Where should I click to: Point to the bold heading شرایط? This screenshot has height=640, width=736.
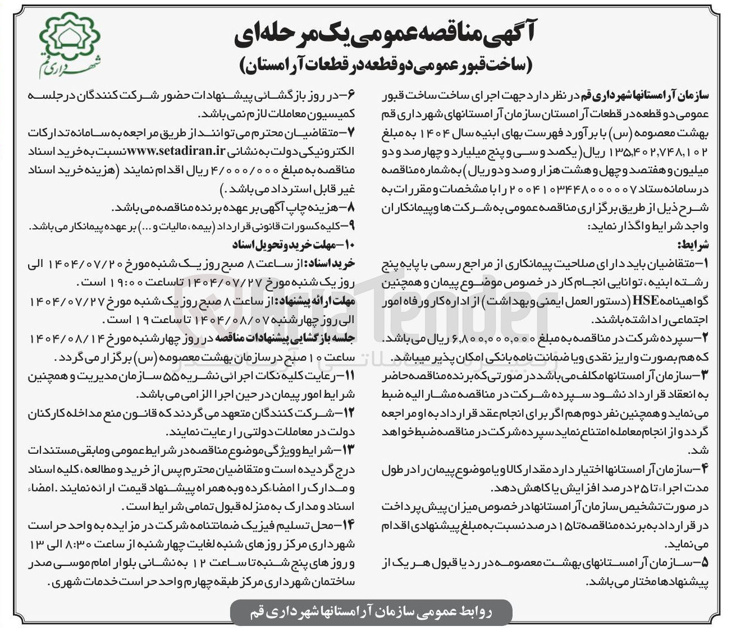pos(694,245)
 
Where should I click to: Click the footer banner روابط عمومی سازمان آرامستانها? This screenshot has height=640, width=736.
pos(371,611)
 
